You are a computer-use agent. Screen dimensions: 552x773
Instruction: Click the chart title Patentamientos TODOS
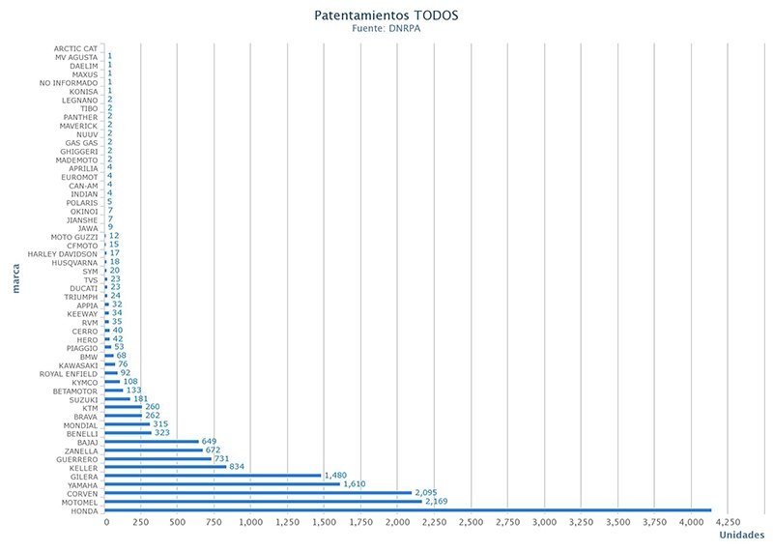(x=387, y=16)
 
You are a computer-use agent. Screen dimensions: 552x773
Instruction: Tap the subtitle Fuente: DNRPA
(x=387, y=29)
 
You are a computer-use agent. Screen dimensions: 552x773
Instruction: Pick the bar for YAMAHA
(x=222, y=484)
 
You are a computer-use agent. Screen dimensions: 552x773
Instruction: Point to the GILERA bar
(x=213, y=476)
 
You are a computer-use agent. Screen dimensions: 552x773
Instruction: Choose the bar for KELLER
(x=165, y=467)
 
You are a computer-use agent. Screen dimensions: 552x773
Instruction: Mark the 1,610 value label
(x=359, y=483)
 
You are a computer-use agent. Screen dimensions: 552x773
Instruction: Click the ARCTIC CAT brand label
(x=75, y=48)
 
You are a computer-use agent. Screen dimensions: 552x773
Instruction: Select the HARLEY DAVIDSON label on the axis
(x=62, y=253)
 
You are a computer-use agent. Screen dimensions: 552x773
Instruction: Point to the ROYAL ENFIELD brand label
(x=68, y=373)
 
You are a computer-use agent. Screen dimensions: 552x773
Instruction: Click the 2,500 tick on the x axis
(x=471, y=522)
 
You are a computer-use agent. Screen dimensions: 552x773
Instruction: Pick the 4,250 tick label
(x=727, y=522)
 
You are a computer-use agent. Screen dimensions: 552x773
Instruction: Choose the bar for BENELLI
(x=128, y=433)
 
